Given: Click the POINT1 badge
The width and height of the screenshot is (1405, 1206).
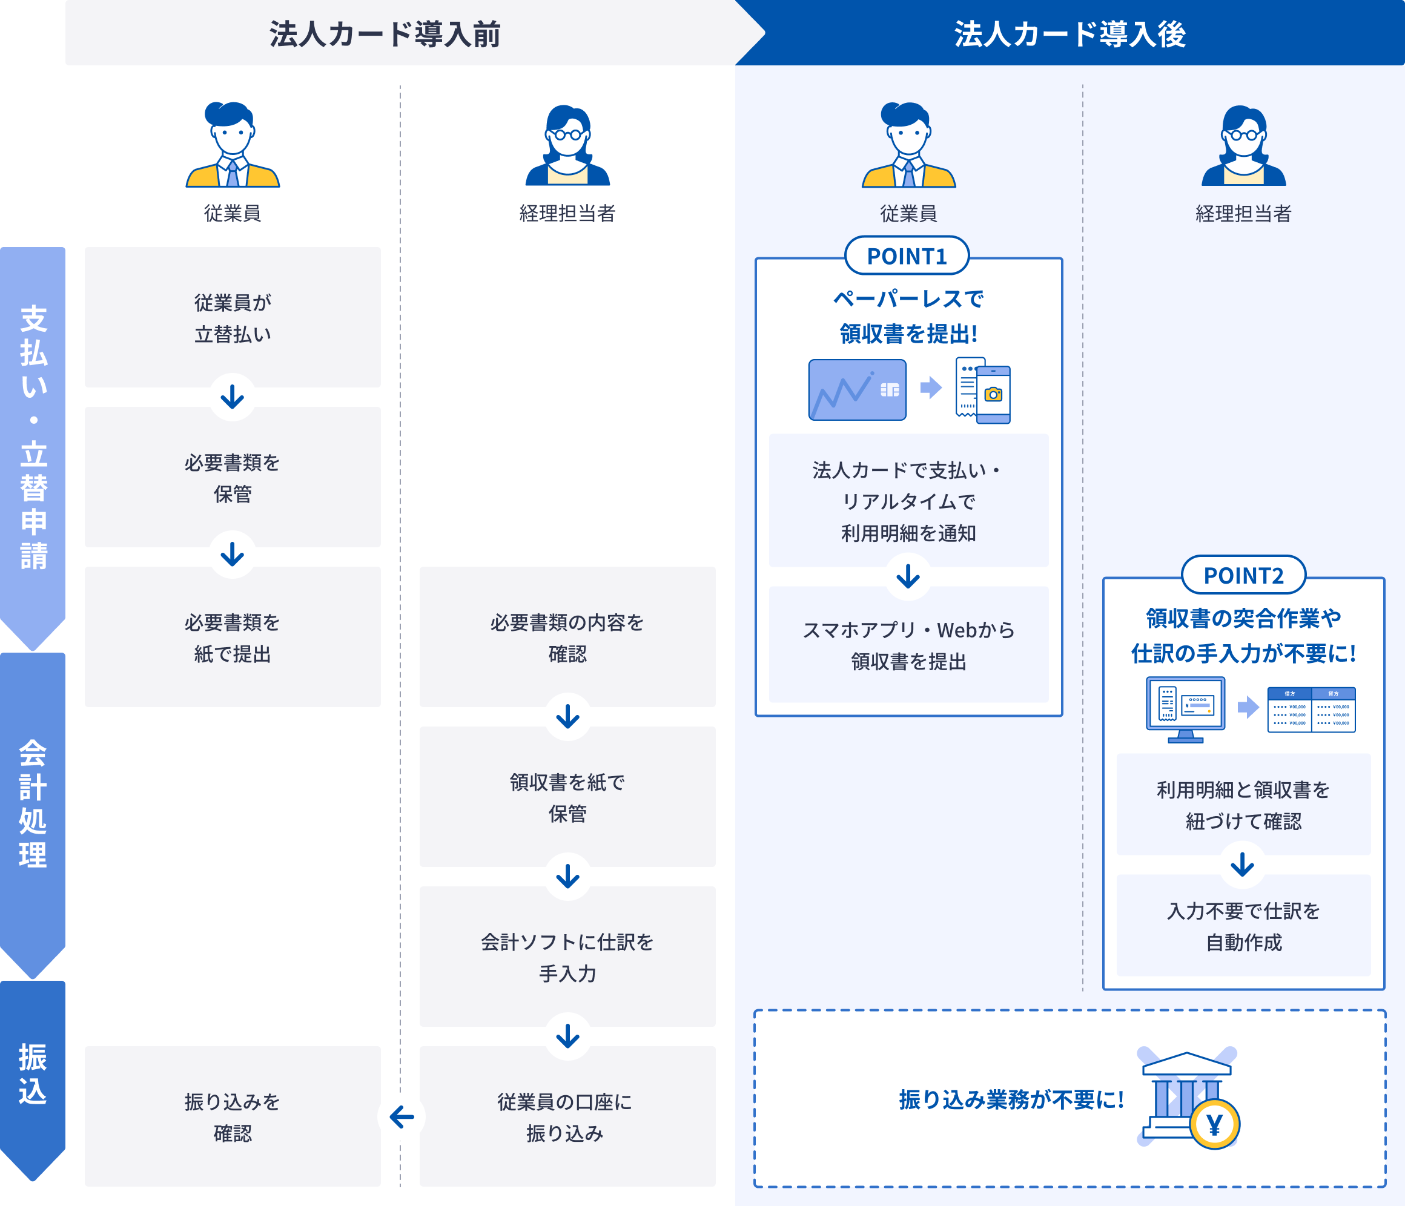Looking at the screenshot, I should (907, 256).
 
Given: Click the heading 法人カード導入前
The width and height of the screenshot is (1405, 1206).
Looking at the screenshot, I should (385, 34).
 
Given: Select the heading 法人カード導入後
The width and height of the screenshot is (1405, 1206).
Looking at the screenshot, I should (1069, 34).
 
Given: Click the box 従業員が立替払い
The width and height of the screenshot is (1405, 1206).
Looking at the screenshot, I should (233, 317).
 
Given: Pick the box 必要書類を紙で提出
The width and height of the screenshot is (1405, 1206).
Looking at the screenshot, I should (233, 638).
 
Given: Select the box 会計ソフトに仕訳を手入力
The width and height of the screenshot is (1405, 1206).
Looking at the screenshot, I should (567, 957).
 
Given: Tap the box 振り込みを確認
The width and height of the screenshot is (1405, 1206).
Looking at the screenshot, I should (233, 1116).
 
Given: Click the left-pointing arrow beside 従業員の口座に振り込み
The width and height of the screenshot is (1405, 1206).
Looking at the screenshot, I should (402, 1116).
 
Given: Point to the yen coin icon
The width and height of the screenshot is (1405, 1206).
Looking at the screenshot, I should (1214, 1125).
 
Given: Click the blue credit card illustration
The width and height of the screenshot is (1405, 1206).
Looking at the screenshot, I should (857, 390).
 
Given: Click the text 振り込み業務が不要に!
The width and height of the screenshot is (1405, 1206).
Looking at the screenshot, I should (1011, 1099).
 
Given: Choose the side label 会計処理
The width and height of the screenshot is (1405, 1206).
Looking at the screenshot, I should (33, 803).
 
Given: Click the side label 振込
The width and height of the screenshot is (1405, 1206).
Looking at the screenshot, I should (33, 1075).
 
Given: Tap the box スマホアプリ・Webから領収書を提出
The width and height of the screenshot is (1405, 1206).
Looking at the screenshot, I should (908, 645).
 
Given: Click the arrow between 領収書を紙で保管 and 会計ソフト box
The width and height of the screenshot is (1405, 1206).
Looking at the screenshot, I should (567, 877).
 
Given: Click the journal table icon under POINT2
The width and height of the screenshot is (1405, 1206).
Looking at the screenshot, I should (1311, 710).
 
